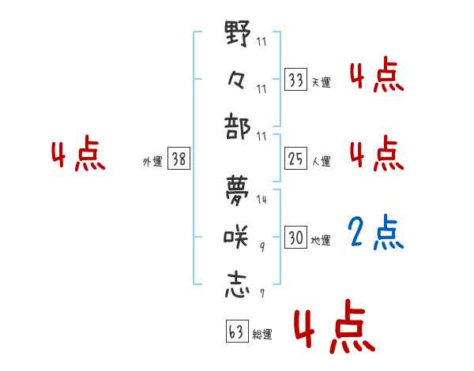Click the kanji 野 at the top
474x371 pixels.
pyautogui.click(x=238, y=35)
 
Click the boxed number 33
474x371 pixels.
pyautogui.click(x=295, y=80)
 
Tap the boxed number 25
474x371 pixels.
pyautogui.click(x=295, y=159)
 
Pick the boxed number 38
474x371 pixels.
pyautogui.click(x=179, y=159)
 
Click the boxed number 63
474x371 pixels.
pyautogui.click(x=235, y=332)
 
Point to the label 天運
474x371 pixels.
pyautogui.click(x=321, y=81)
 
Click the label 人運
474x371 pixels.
pyautogui.click(x=321, y=161)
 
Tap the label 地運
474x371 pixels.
pyautogui.click(x=321, y=240)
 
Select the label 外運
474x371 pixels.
pyautogui.click(x=152, y=161)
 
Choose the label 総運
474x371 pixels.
pyautogui.click(x=261, y=334)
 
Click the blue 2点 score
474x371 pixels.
pyautogui.click(x=376, y=234)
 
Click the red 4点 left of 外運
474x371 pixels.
pyautogui.click(x=78, y=156)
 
